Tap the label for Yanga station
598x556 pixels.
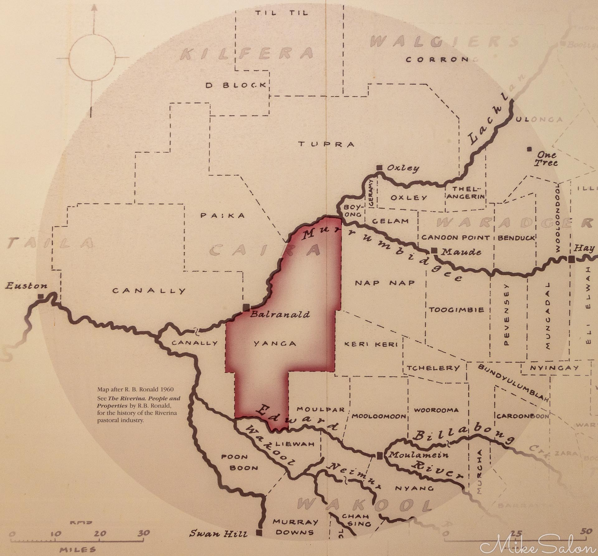click(274, 344)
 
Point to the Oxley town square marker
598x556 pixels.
click(379, 168)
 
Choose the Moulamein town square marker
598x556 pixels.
click(379, 455)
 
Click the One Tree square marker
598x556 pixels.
click(529, 149)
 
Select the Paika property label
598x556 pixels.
click(223, 216)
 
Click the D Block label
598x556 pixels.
click(236, 85)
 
